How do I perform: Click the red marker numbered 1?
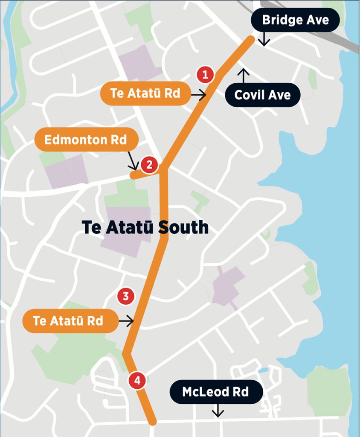(205, 75)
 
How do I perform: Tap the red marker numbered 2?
(149, 165)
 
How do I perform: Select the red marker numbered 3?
(126, 296)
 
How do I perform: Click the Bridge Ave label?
(296, 20)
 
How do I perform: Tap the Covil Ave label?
(262, 95)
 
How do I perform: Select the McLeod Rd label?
(216, 392)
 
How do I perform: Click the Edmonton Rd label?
(86, 140)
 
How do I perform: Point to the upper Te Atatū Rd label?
(145, 93)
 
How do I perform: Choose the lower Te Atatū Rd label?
(69, 320)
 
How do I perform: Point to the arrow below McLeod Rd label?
(218, 411)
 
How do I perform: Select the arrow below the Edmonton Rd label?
(133, 162)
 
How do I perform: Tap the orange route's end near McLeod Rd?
(153, 422)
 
